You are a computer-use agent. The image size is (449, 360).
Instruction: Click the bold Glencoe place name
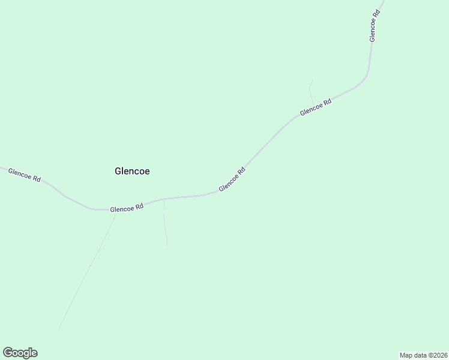click(132, 171)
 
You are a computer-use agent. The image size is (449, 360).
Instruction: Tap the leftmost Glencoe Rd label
click(25, 175)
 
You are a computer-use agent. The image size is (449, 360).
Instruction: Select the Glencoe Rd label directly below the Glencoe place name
click(127, 208)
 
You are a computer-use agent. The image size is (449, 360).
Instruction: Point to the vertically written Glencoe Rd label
click(373, 26)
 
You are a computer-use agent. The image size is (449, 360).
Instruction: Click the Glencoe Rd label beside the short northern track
click(316, 108)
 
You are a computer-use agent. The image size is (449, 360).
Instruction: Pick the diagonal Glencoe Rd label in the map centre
click(232, 179)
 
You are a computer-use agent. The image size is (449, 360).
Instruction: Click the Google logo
click(20, 353)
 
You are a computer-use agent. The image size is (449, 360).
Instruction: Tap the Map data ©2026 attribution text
click(423, 355)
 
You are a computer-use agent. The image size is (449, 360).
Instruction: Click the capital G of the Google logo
click(7, 353)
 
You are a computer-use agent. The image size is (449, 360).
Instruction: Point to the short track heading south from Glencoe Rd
click(165, 222)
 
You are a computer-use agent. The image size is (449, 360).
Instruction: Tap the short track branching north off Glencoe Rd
click(310, 92)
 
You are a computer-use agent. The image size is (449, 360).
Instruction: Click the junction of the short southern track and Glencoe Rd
click(164, 199)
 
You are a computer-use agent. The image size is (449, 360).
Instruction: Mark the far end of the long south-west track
click(59, 328)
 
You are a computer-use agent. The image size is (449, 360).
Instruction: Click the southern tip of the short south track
click(167, 245)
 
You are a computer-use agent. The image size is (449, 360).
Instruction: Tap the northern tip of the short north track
click(312, 79)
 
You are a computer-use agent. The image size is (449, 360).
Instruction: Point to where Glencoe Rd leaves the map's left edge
click(1, 167)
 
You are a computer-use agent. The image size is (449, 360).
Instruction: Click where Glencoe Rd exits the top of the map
click(382, 1)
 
